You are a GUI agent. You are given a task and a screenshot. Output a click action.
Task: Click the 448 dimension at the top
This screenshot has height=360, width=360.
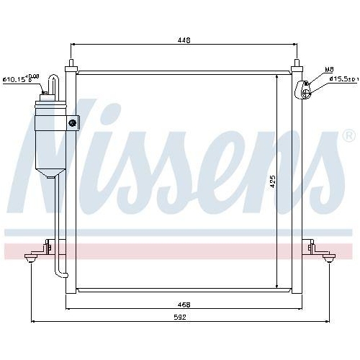[184, 41]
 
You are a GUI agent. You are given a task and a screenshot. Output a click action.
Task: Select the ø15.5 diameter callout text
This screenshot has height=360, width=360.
[343, 78]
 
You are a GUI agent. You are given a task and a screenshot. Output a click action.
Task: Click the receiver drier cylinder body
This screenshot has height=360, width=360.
[50, 137]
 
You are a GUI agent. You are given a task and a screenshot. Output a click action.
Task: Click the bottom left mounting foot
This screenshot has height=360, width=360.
[32, 257]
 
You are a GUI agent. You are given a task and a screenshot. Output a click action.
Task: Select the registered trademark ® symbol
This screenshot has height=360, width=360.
[348, 135]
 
